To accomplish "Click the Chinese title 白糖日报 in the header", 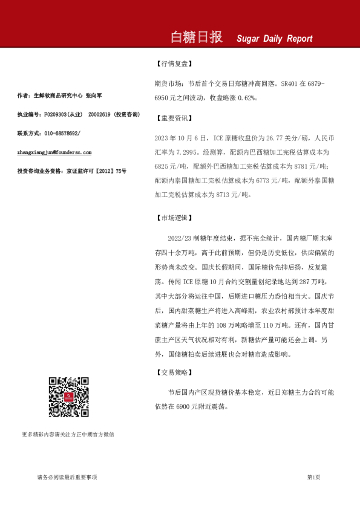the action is click(x=196, y=37).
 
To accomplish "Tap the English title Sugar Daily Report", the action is click(x=275, y=39).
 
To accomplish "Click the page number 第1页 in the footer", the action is click(x=313, y=478).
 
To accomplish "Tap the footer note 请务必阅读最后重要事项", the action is click(x=67, y=478).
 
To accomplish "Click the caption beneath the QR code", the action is click(x=68, y=434).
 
